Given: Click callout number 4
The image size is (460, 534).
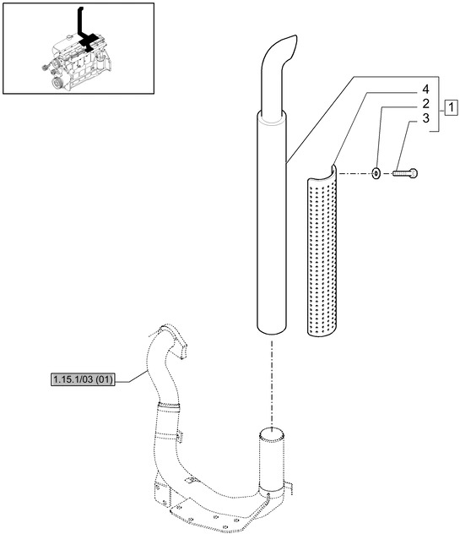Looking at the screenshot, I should click(425, 89).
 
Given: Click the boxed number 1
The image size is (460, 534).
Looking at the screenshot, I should click(452, 107).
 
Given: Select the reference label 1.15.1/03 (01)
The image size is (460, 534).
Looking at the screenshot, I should click(82, 379).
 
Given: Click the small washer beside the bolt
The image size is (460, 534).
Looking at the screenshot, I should click(374, 174).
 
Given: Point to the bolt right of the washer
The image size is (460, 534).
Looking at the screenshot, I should click(405, 174).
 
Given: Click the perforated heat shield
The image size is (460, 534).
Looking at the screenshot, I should click(321, 253).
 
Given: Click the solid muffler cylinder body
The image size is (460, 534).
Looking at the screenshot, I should click(271, 228).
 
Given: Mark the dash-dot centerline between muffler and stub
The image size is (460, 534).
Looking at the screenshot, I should click(271, 380).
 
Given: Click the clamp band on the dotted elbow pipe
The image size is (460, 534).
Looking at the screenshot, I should click(170, 411).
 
